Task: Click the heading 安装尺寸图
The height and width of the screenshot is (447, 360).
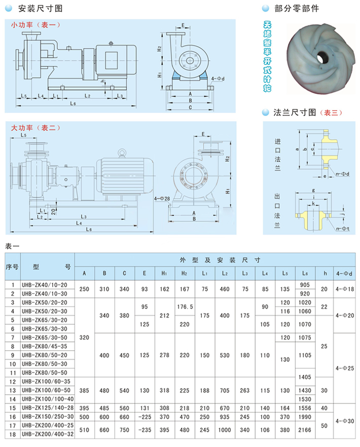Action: click(x=40, y=8)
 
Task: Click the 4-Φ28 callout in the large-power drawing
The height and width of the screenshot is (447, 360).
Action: click(x=162, y=198)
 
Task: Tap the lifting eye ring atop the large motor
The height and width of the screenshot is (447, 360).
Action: click(x=122, y=152)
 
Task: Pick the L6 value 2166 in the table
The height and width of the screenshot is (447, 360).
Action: click(x=304, y=430)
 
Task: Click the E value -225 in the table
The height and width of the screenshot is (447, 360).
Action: click(x=145, y=417)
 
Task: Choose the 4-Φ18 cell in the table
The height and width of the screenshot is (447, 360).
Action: click(x=344, y=289)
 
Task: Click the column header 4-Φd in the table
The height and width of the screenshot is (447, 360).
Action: click(x=344, y=274)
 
